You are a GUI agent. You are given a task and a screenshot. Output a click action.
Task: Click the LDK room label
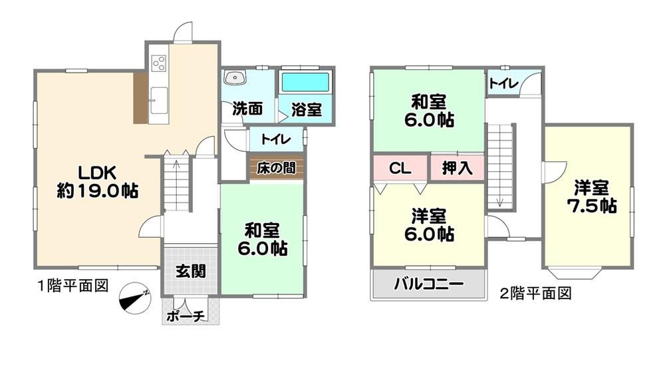[x=98, y=182]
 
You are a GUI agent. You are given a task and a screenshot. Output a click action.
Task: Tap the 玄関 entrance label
[x=191, y=271]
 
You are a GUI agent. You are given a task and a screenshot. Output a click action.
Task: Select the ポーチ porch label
[x=186, y=316]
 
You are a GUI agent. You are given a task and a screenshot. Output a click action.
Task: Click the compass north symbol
[x=135, y=298]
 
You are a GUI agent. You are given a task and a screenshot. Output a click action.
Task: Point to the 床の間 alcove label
[x=276, y=168]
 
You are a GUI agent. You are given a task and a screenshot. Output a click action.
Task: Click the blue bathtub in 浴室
[x=305, y=82]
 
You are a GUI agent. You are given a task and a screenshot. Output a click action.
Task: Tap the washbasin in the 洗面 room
[x=235, y=78]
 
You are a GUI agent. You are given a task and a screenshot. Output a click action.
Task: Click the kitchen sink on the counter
[x=159, y=101]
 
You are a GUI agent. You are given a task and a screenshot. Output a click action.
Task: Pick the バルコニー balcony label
[x=428, y=284]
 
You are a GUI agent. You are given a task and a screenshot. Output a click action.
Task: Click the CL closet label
[x=400, y=169]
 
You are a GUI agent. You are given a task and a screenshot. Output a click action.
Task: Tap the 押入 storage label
[x=458, y=169]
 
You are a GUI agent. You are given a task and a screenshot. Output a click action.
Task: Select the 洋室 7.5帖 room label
[x=592, y=196]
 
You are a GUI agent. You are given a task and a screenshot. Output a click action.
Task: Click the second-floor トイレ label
[x=504, y=83]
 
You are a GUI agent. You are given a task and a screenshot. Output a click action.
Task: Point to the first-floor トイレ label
[x=276, y=139]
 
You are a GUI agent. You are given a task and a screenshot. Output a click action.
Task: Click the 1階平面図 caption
[x=73, y=286]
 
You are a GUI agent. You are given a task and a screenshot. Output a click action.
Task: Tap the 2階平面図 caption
[x=535, y=293]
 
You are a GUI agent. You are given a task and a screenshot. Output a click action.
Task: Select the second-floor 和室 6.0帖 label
[x=429, y=111]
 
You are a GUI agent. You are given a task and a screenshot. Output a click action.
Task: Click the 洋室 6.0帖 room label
[x=429, y=225]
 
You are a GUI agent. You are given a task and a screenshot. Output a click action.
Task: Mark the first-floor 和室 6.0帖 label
[x=262, y=239]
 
